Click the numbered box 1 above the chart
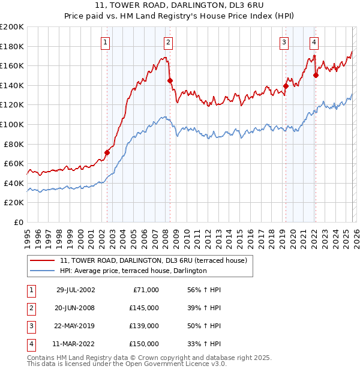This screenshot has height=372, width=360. click(106, 42)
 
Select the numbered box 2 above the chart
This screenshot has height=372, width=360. click(168, 42)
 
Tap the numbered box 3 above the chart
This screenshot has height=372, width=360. click(283, 42)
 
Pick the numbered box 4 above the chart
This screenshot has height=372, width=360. click(314, 42)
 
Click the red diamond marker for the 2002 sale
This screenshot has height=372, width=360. click(107, 152)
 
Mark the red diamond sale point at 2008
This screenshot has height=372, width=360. click(170, 80)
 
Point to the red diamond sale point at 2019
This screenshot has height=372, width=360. click(286, 86)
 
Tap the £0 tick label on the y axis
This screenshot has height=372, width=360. click(19, 222)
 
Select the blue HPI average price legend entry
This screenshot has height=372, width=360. click(133, 271)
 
